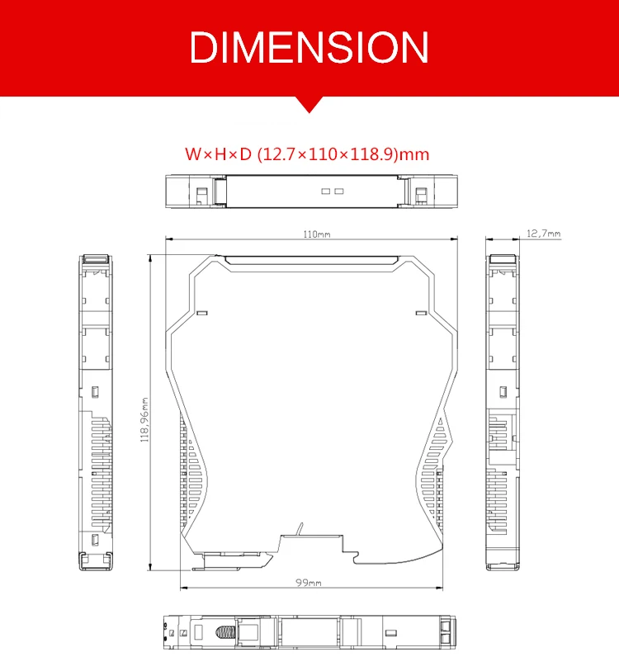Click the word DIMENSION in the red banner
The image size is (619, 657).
(309, 47)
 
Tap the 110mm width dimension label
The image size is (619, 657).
(316, 234)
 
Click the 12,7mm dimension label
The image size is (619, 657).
(543, 234)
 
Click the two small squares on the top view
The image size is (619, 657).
(331, 191)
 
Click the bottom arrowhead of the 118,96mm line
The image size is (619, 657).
(151, 569)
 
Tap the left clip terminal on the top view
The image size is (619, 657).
(201, 192)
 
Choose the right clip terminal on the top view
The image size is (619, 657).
(421, 193)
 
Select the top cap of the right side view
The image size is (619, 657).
(502, 259)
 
